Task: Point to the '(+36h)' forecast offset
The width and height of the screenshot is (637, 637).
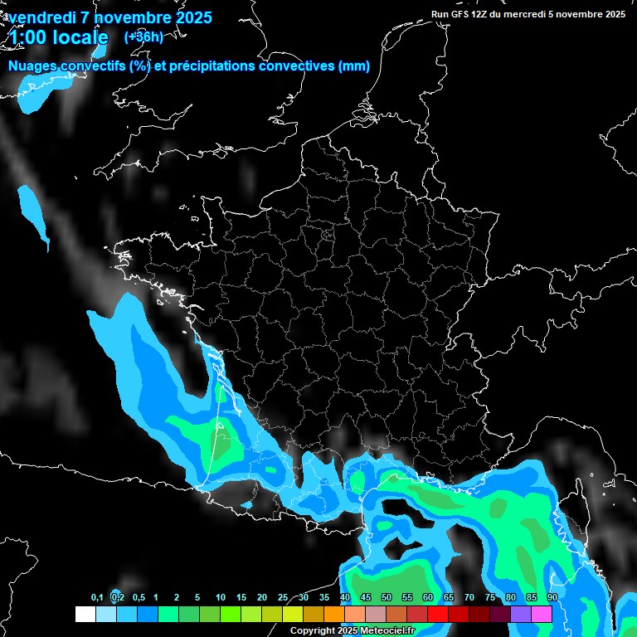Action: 143,36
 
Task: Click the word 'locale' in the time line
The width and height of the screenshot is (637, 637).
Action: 80,37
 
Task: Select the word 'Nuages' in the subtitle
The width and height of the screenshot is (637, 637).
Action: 32,66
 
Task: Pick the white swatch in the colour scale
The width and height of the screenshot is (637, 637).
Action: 85,614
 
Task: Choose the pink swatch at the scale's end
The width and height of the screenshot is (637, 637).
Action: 542,614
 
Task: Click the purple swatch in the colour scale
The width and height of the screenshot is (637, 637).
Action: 521,614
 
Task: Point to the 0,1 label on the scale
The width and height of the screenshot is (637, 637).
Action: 97,598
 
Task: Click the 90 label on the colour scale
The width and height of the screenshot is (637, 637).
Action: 552,598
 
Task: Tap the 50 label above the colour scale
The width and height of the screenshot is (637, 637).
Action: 387,598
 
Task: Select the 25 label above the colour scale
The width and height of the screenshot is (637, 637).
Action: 283,598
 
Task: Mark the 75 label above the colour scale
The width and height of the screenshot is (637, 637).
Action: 490,598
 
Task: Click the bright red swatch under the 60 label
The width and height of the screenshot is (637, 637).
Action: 438,614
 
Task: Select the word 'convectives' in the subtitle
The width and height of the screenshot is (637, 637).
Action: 297,66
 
